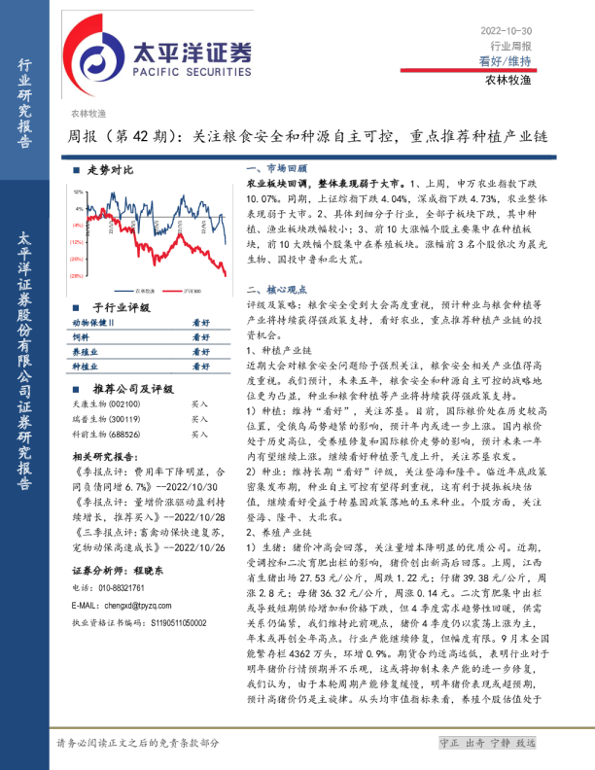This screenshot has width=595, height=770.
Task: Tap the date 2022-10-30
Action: click(x=506, y=31)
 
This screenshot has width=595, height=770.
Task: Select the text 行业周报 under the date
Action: click(x=510, y=46)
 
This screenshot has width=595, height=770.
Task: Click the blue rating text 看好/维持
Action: click(x=505, y=60)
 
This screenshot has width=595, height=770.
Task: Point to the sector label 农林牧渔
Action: click(x=87, y=114)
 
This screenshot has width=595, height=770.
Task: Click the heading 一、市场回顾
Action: click(x=276, y=168)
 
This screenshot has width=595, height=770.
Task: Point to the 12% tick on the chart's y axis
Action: click(x=78, y=192)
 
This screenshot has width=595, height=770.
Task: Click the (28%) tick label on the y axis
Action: click(x=76, y=277)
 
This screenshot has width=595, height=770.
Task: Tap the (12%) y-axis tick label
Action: click(x=76, y=242)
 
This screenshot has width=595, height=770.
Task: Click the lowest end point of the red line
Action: click(x=226, y=275)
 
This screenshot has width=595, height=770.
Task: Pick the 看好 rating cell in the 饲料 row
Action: click(x=200, y=336)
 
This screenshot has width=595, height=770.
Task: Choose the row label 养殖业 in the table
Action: click(x=85, y=352)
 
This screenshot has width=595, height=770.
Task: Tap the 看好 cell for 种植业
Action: click(x=200, y=367)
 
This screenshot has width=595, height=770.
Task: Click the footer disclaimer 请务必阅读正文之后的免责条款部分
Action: click(x=137, y=743)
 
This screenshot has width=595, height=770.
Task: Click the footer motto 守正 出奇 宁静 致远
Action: click(x=487, y=743)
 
